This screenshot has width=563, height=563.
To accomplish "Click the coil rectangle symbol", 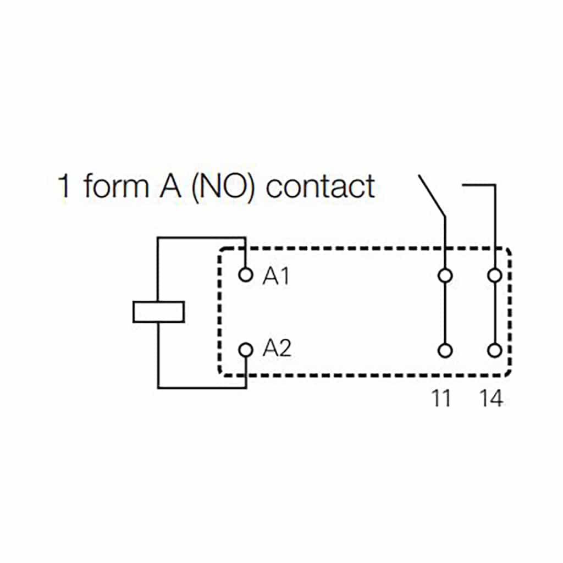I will [158, 311].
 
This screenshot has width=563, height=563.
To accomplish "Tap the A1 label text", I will [276, 276].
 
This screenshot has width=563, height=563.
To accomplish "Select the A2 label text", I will [277, 349].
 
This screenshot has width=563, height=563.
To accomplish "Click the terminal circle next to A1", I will [246, 274].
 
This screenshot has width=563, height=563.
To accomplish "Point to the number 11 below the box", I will [440, 399].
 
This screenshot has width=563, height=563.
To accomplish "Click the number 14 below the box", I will [490, 399].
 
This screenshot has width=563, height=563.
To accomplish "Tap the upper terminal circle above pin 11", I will [445, 275].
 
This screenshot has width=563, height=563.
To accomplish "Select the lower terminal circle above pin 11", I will [445, 350].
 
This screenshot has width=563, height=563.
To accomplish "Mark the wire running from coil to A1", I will [201, 239].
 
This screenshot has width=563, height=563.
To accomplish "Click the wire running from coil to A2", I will [201, 388].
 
